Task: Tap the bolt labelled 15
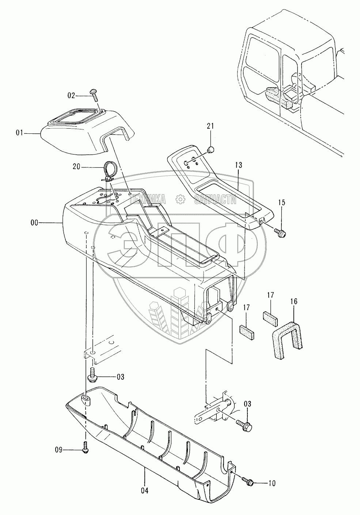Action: pos(281,231)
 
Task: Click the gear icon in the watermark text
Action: pos(179,199)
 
